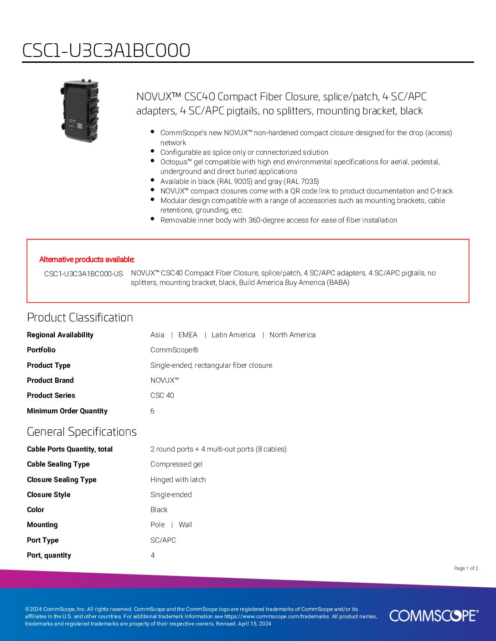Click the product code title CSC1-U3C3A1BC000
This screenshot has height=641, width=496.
(106, 50)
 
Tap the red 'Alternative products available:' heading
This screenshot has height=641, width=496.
(87, 259)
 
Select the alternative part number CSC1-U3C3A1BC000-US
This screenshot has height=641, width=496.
(83, 274)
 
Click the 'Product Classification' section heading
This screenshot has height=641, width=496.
(80, 317)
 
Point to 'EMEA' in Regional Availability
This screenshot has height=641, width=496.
(188, 335)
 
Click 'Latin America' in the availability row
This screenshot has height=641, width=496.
(233, 335)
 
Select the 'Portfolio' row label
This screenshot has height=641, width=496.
(41, 350)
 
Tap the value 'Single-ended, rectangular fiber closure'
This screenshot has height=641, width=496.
(211, 365)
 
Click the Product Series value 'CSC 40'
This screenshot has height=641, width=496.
(162, 396)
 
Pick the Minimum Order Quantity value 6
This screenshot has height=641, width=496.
(152, 411)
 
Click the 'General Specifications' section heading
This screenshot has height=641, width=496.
(82, 432)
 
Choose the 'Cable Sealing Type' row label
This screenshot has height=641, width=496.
(58, 464)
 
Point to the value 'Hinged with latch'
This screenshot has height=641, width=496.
(178, 479)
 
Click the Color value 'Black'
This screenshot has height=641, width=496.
(159, 510)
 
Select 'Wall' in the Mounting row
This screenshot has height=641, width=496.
(185, 525)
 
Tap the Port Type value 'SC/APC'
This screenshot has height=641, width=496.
(163, 540)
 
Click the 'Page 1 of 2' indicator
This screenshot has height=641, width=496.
(466, 568)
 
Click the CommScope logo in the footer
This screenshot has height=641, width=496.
(434, 616)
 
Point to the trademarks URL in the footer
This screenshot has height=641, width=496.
(276, 616)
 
